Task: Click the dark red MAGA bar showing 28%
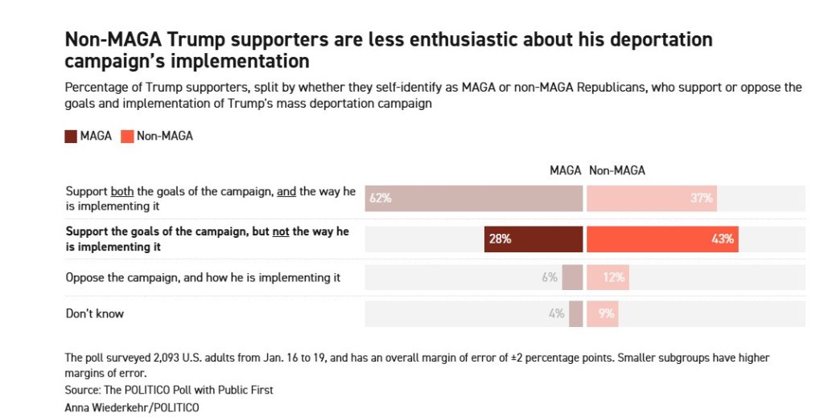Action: tap(534, 239)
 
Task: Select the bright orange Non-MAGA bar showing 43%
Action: tap(662, 239)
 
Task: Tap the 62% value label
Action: tap(380, 198)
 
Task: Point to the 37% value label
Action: tap(702, 198)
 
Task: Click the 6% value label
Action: tap(550, 277)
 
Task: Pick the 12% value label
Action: tap(616, 277)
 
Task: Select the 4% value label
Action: tap(557, 313)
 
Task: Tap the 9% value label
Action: tap(606, 313)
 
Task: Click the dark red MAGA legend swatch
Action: tap(72, 136)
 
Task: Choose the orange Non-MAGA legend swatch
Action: tap(127, 136)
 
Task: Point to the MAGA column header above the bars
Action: tap(566, 170)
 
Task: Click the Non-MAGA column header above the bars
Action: tap(617, 170)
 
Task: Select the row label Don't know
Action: tap(95, 313)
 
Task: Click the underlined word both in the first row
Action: tap(122, 191)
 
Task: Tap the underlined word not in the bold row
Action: tap(280, 232)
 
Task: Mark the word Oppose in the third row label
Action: tap(84, 277)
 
